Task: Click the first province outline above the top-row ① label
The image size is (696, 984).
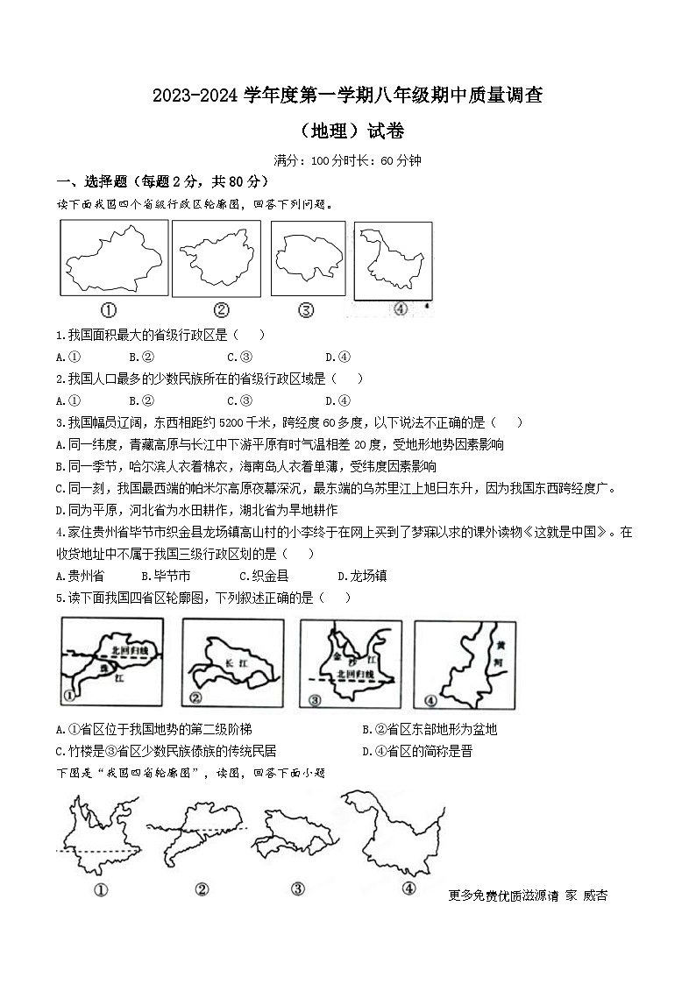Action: pos(113,258)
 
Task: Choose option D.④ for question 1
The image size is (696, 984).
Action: pos(337,357)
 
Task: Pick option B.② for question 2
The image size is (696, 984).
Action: pos(141,400)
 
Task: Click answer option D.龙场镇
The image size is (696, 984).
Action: pos(362,576)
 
